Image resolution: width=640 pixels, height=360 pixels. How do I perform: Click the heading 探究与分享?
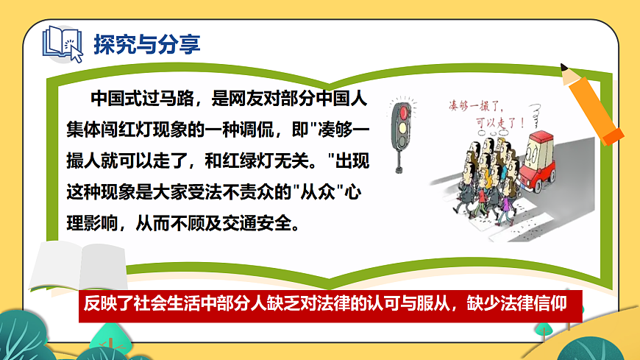click(146, 43)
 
